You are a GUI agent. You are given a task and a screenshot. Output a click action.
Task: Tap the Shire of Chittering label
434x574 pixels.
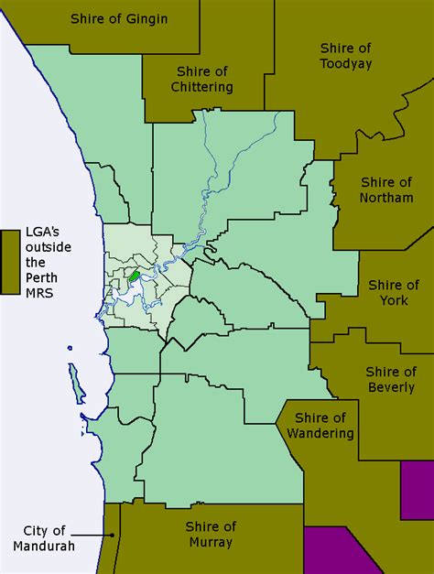point(201,79)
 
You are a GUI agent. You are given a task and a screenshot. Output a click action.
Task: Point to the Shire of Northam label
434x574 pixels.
point(386,190)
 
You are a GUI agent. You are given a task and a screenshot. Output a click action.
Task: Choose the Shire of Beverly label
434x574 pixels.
point(390,379)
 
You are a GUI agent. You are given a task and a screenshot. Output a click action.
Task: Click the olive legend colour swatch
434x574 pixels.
point(12,262)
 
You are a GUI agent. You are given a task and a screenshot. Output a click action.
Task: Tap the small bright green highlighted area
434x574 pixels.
point(134,274)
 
